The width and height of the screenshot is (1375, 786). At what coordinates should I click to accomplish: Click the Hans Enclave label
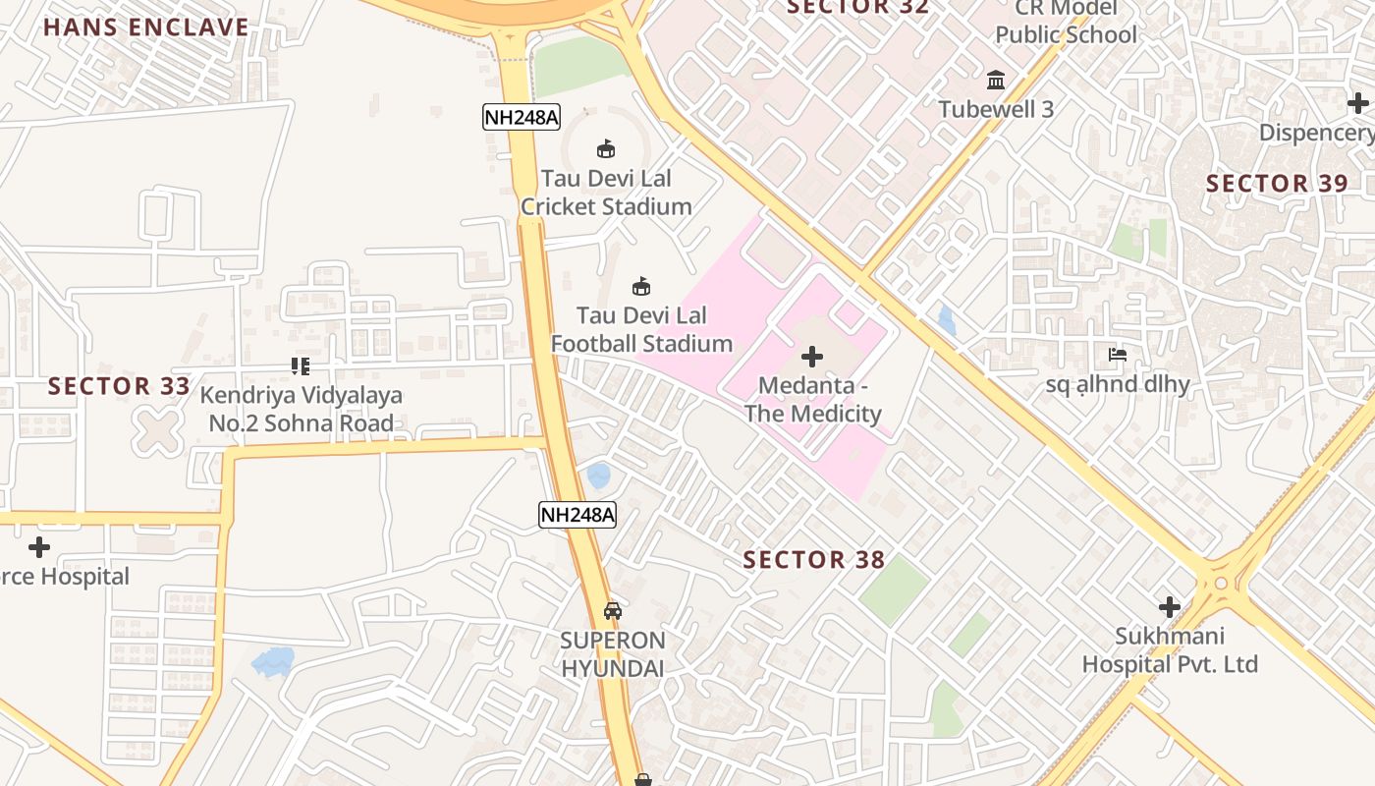(146, 27)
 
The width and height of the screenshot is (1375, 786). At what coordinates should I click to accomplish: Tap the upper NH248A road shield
(522, 118)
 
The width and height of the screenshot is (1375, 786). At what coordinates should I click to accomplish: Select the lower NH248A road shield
(577, 515)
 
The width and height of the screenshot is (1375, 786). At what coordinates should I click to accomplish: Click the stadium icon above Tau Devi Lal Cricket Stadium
(606, 149)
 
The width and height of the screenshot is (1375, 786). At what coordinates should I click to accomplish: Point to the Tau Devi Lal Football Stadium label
(641, 330)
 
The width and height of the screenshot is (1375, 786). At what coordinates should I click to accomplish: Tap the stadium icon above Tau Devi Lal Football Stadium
(641, 287)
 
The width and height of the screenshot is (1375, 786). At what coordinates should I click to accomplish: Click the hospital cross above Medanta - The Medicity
(812, 356)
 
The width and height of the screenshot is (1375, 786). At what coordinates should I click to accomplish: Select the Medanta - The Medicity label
(812, 400)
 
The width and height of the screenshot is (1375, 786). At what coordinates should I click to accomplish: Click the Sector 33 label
(119, 386)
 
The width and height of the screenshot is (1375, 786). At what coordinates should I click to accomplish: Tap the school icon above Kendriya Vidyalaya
(301, 366)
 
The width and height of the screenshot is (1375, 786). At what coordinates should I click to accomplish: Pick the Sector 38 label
(814, 560)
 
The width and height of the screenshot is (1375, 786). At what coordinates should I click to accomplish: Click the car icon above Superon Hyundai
(613, 610)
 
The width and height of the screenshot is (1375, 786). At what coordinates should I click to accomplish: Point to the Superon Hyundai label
(613, 654)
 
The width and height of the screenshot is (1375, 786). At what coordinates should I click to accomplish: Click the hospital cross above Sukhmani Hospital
(1170, 606)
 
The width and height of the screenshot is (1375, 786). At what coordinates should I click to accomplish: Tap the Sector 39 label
(1277, 184)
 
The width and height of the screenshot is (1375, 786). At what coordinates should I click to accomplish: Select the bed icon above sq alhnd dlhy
(1118, 355)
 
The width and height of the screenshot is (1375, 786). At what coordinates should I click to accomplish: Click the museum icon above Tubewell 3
(996, 80)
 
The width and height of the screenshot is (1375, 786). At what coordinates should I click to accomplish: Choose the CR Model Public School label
(1066, 23)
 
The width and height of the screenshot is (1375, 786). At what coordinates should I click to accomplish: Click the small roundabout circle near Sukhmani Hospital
(1221, 583)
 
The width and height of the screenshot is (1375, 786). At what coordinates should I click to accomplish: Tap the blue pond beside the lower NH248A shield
(598, 477)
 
